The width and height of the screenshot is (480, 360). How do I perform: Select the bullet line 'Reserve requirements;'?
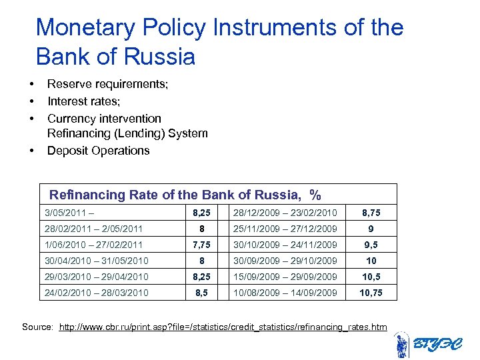[107, 84]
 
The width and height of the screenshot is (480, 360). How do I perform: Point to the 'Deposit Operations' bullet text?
[98, 151]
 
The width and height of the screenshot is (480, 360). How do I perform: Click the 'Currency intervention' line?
[104, 119]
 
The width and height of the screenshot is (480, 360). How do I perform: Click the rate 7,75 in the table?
[201, 245]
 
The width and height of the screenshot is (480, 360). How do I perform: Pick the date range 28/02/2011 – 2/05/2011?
[93, 229]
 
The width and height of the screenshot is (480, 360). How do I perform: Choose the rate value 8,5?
[201, 293]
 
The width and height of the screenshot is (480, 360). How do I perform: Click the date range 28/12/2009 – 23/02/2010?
[285, 213]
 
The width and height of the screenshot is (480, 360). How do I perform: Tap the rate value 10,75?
[371, 293]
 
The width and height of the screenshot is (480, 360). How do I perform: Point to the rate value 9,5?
[371, 245]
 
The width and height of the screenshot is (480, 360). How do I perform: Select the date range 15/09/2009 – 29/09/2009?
[285, 277]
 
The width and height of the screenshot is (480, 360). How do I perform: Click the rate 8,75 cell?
[371, 213]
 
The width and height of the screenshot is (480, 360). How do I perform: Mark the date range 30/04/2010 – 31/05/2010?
[96, 261]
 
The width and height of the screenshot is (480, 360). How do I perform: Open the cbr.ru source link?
[223, 327]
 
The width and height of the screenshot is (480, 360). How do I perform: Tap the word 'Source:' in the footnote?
[38, 327]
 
